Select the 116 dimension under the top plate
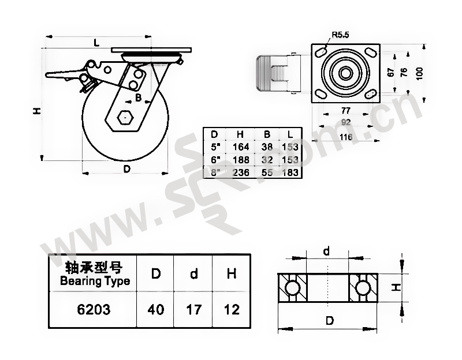[x=345, y=137]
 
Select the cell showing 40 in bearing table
[x=156, y=310]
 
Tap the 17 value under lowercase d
[x=194, y=310]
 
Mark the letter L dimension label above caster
[x=96, y=43]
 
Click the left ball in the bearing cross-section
[x=292, y=287]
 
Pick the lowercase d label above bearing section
[x=326, y=251]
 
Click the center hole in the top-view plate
[x=345, y=73]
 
